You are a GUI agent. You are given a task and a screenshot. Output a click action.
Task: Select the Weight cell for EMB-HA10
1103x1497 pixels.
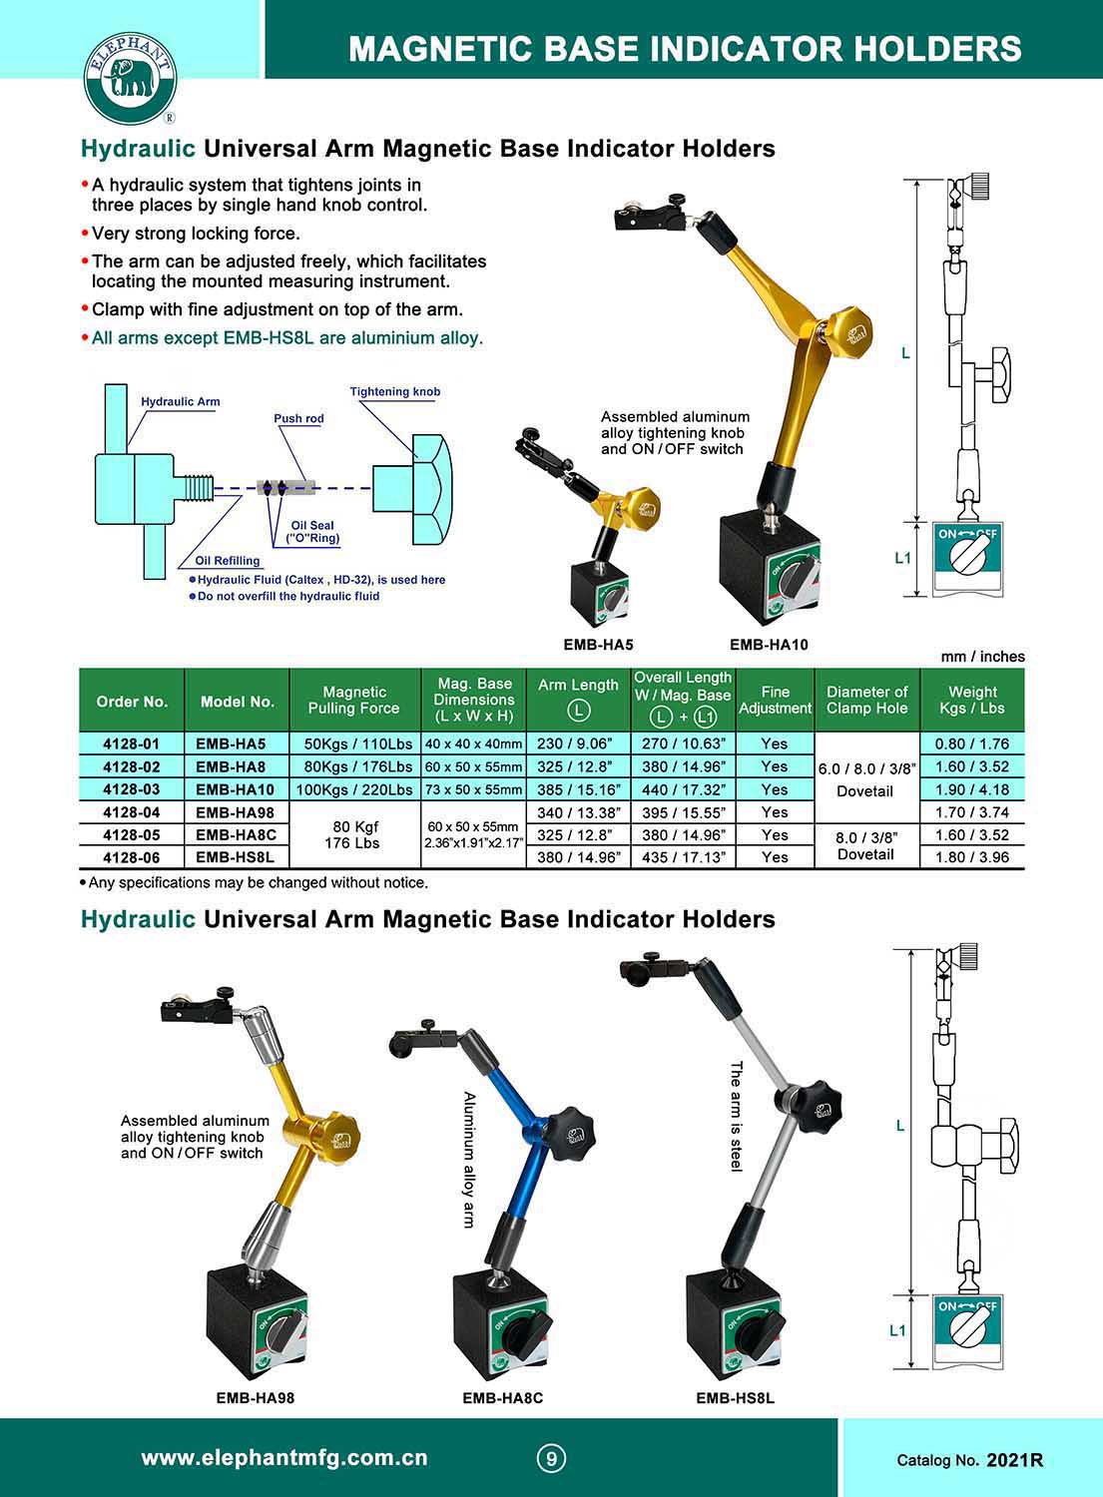(x=972, y=789)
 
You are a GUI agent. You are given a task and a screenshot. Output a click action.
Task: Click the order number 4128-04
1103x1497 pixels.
(x=131, y=812)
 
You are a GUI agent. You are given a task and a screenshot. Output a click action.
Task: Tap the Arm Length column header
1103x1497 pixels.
(x=578, y=697)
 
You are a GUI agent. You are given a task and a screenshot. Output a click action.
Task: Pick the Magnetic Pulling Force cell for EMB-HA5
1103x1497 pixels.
(x=354, y=744)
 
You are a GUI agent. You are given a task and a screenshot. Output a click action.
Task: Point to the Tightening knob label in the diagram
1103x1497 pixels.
(x=394, y=392)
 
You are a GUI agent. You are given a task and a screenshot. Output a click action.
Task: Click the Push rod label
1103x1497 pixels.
(x=299, y=418)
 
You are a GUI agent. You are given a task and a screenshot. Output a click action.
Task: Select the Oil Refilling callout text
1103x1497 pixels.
(x=228, y=561)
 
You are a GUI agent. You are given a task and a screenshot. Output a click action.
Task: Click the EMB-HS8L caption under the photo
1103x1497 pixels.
(x=735, y=1398)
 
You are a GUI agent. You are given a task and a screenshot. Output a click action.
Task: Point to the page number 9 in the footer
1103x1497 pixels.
(x=551, y=1458)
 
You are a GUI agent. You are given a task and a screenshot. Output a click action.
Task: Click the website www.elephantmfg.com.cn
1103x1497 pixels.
(x=284, y=1458)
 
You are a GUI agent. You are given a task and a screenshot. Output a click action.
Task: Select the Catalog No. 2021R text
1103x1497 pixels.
(x=969, y=1460)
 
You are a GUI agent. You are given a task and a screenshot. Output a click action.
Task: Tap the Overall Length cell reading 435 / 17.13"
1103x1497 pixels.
(x=683, y=857)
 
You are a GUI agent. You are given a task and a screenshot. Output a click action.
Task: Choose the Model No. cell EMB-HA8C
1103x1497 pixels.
(x=236, y=834)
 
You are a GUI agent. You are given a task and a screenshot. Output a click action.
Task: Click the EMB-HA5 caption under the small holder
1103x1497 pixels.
(x=598, y=645)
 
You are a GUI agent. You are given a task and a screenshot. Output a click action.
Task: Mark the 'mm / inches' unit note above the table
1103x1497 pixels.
(x=982, y=657)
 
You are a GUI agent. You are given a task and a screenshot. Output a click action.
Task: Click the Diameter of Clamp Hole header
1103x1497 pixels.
(x=866, y=700)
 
